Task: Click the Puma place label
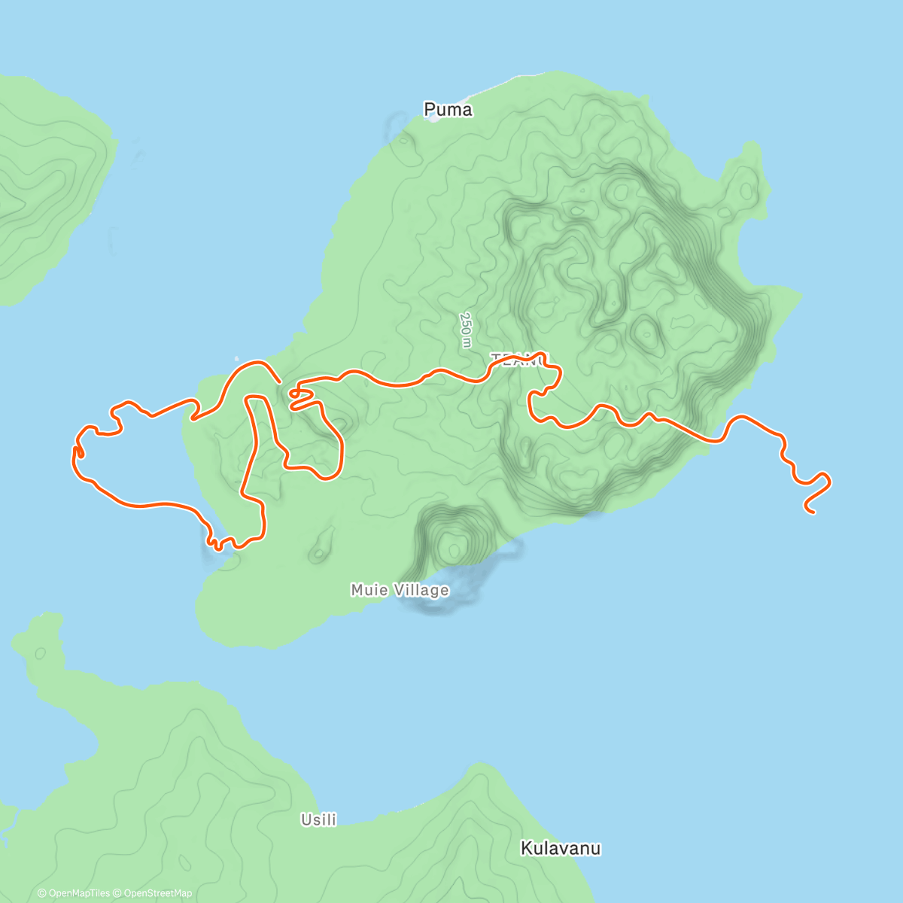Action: coord(448,110)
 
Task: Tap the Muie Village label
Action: coord(400,590)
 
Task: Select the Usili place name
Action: coord(318,819)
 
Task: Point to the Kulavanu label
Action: coord(561,849)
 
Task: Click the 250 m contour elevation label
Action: coord(466,330)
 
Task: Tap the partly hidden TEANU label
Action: coord(519,359)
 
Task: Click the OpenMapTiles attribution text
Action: coord(78,893)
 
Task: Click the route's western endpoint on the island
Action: coord(280,381)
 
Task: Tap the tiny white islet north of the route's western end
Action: coord(237,359)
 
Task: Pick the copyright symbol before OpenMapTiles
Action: coord(41,893)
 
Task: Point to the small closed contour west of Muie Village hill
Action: coord(322,545)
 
